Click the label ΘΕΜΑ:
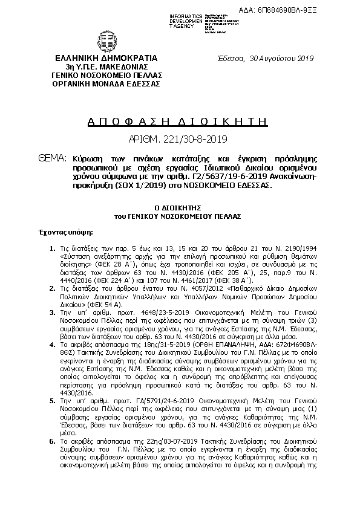point(51,158)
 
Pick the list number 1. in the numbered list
point(53,248)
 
